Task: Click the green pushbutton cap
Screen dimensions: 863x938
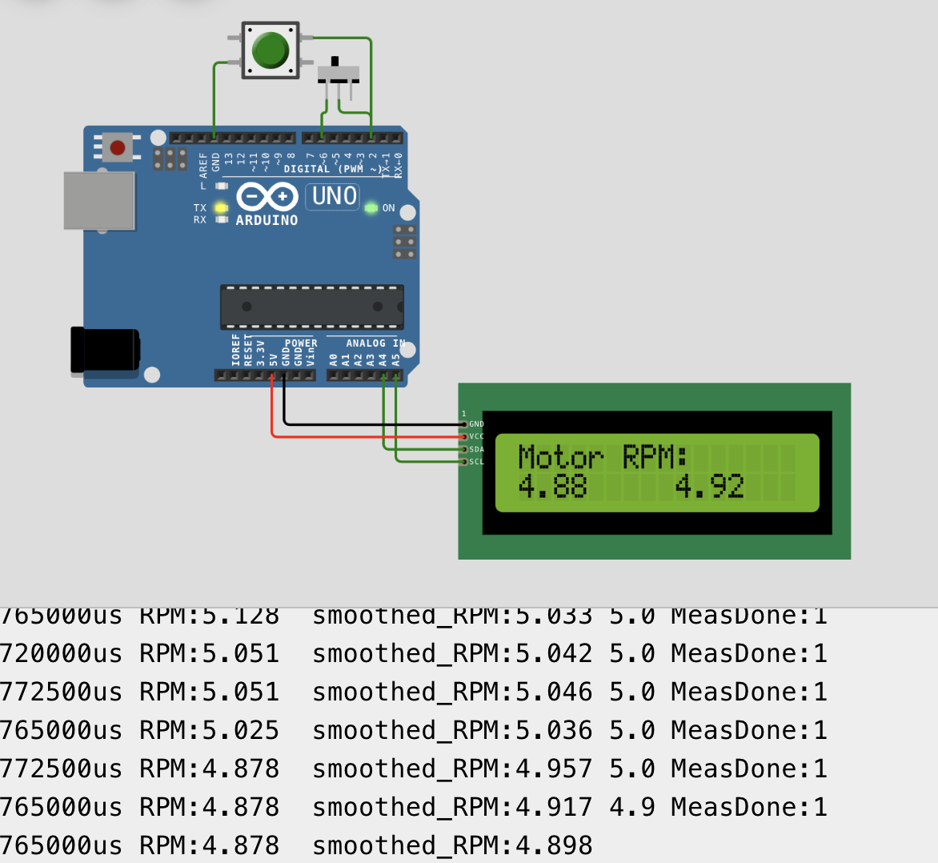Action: tap(270, 50)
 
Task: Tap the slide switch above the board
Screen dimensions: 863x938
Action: tap(339, 73)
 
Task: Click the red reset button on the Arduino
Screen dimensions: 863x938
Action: tap(118, 148)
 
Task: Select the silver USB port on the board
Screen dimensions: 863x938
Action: tap(99, 201)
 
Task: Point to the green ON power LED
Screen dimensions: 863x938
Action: tap(371, 208)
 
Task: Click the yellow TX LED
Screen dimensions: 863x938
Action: tap(222, 208)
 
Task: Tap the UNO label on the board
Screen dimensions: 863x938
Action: tap(334, 196)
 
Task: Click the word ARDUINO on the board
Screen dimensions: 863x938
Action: tap(267, 220)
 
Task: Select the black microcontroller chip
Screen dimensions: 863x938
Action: tap(311, 307)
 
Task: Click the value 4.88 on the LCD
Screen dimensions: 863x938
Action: tap(552, 486)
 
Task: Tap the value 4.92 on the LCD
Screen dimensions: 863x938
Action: tap(709, 486)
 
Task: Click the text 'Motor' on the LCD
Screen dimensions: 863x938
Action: tap(560, 457)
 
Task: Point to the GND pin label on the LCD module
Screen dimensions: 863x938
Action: tap(476, 424)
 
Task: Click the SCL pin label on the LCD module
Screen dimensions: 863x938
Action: tap(476, 462)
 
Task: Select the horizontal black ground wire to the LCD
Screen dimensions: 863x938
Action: tap(368, 424)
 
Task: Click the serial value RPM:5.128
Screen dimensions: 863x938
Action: tap(209, 616)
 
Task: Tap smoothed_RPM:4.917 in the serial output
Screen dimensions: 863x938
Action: tap(452, 807)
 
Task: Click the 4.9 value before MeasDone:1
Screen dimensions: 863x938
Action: tap(631, 807)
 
